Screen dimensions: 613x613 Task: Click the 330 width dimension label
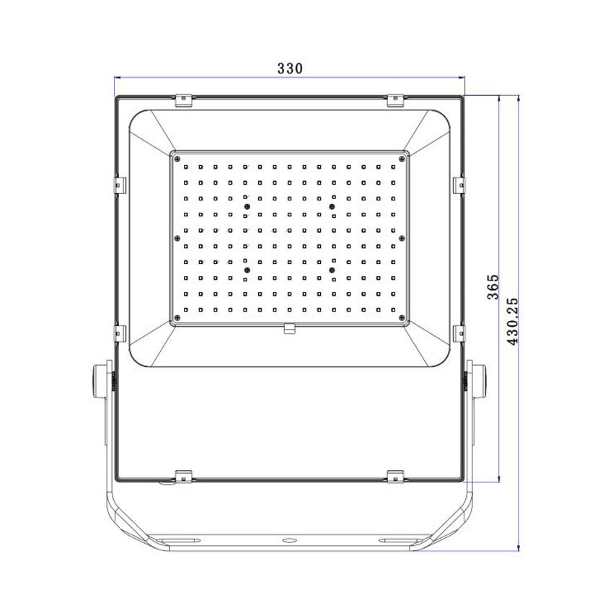click(289, 69)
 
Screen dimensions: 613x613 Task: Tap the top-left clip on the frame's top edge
click(184, 100)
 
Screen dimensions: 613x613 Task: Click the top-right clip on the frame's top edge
click(394, 100)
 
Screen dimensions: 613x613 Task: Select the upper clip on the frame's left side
click(120, 185)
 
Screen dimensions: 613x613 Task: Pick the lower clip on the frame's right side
click(459, 332)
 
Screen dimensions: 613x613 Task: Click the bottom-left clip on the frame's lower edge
click(184, 476)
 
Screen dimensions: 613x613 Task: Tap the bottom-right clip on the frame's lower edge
click(394, 476)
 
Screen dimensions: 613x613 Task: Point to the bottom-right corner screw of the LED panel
click(402, 316)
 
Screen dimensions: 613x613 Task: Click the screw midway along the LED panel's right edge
click(402, 237)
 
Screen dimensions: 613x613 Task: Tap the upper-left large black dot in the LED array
click(246, 207)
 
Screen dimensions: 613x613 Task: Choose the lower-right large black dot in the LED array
click(332, 269)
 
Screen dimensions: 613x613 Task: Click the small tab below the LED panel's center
click(289, 330)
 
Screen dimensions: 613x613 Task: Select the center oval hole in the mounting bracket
click(289, 539)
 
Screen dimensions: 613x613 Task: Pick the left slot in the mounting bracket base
click(181, 539)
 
